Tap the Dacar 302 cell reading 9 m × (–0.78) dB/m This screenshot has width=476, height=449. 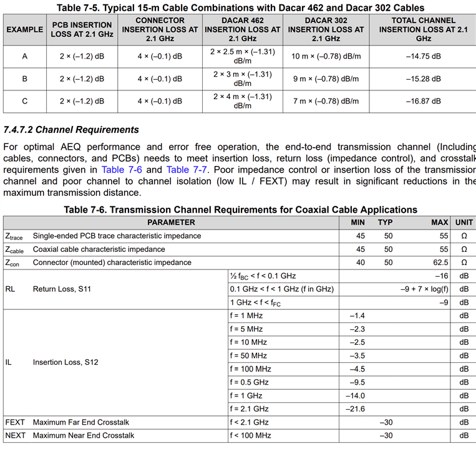[326, 79]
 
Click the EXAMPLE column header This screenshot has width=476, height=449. [25, 29]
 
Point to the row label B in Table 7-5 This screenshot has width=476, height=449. [25, 79]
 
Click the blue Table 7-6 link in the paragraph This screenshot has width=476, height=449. [122, 170]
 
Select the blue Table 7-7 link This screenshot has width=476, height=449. [187, 170]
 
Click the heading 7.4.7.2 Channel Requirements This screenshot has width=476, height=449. [71, 130]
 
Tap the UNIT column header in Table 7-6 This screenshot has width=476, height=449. [464, 222]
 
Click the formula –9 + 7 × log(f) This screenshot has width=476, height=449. [424, 289]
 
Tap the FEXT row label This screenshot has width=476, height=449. [15, 422]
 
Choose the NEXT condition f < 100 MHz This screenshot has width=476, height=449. [250, 435]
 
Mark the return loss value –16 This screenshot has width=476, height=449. [442, 276]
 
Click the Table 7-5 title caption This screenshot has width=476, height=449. [240, 8]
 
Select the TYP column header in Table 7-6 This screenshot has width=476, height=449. [385, 222]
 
